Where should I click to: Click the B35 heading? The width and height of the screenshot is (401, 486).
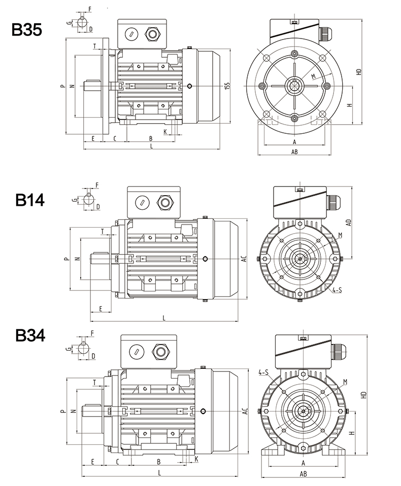click(27, 30)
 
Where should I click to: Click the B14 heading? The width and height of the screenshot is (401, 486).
click(30, 200)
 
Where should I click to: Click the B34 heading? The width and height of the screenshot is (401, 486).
click(30, 335)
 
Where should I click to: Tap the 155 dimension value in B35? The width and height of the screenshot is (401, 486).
click(227, 86)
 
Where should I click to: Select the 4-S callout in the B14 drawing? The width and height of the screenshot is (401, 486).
click(337, 290)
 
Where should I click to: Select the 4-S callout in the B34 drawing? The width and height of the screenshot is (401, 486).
click(263, 372)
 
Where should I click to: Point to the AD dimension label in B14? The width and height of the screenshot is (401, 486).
click(349, 222)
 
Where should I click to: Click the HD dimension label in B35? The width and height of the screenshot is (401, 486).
click(359, 71)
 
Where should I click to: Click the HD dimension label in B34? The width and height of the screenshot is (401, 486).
click(364, 395)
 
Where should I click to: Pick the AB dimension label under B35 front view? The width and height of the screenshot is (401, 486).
click(294, 152)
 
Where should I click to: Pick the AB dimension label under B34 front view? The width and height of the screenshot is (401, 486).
click(303, 474)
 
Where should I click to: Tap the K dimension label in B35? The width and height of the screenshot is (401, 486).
click(165, 132)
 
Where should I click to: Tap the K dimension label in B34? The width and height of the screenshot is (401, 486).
click(196, 459)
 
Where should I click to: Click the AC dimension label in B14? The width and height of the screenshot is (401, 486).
click(244, 258)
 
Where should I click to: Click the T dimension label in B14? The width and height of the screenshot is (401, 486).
click(103, 231)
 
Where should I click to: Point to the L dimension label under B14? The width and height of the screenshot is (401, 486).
click(164, 318)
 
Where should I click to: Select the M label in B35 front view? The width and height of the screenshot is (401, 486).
click(314, 76)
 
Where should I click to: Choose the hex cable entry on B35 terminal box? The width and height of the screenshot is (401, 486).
click(152, 34)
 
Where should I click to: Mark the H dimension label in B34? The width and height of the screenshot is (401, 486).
click(352, 433)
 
